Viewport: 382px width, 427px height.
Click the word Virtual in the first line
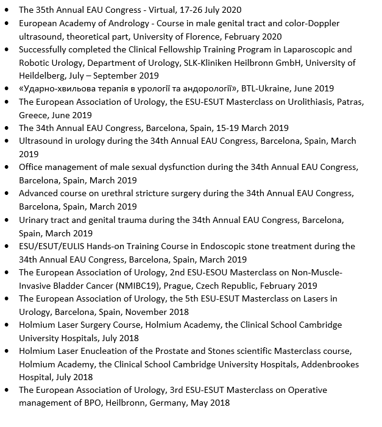click(157, 10)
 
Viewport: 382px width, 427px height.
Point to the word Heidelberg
click(41, 76)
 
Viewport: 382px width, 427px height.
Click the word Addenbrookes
click(331, 364)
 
